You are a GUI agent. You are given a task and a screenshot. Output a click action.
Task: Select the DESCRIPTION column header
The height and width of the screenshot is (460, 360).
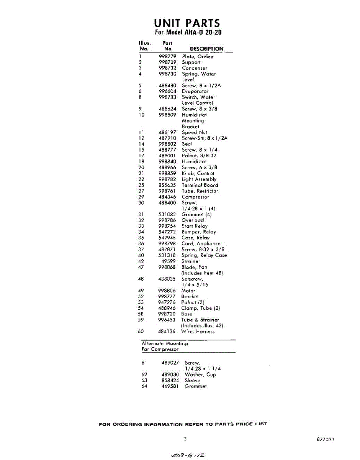[x=206, y=49]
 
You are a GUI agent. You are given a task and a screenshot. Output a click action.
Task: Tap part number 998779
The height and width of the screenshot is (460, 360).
[x=167, y=56]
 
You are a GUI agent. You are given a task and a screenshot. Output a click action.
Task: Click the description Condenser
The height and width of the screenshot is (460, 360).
[x=194, y=68]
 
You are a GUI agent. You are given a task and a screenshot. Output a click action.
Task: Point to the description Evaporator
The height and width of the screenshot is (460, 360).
[x=195, y=91]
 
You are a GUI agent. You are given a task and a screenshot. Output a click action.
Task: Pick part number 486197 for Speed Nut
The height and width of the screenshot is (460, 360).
[x=167, y=132]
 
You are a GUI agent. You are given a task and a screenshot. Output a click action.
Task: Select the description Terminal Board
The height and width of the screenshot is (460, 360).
[x=200, y=185]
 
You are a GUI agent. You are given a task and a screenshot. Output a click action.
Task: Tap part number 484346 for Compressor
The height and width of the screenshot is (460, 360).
[x=167, y=197]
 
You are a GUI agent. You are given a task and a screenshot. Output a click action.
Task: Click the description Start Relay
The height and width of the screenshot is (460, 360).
[x=194, y=226]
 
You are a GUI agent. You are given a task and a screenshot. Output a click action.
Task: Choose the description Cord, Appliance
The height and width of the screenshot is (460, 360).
[x=201, y=243]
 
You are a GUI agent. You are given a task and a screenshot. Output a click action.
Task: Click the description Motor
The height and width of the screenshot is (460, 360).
[x=188, y=291]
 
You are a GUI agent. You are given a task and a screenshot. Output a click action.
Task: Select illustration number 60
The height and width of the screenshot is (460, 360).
[x=141, y=331]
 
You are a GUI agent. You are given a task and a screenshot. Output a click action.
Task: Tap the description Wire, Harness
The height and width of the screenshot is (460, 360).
[x=198, y=331]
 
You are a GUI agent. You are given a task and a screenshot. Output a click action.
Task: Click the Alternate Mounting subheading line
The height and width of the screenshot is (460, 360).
[x=164, y=343]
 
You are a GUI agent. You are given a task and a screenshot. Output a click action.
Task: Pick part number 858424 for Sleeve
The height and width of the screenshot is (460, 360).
[x=170, y=380]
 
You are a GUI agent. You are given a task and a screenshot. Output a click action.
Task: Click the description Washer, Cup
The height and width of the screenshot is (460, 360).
[x=200, y=375]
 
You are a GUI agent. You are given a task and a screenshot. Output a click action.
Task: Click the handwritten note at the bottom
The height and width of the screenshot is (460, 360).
[x=188, y=455]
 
